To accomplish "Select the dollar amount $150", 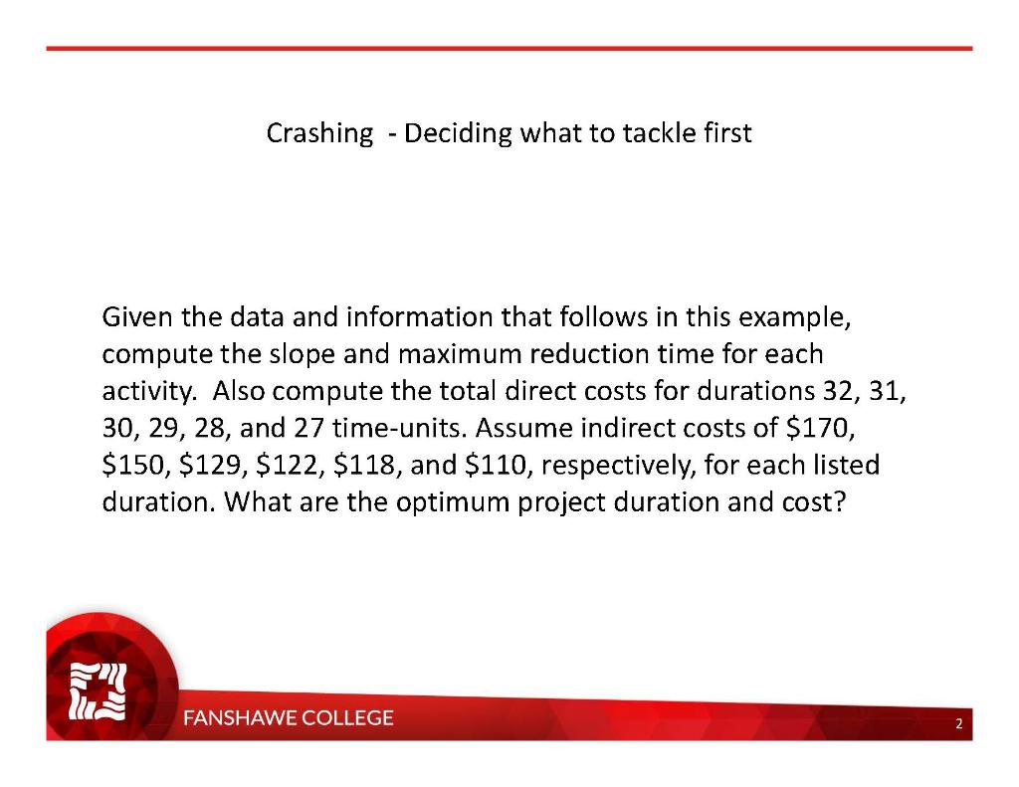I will pyautogui.click(x=133, y=465).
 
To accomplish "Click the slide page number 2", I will pyautogui.click(x=958, y=724).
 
